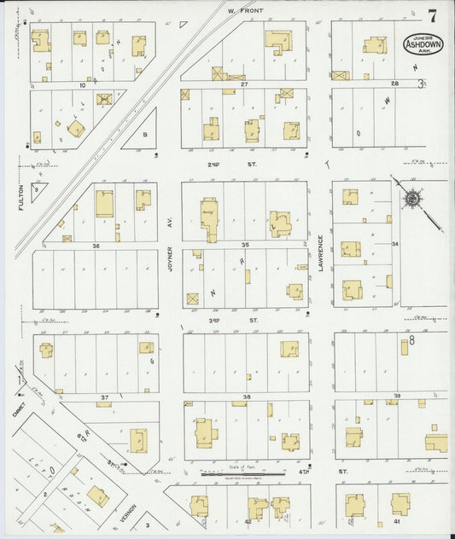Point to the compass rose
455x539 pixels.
[x=411, y=200]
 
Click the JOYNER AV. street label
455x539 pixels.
[x=171, y=258]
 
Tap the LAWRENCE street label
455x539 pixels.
[x=321, y=253]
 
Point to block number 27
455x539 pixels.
[x=243, y=84]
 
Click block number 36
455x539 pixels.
[x=96, y=246]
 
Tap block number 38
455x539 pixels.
[x=246, y=397]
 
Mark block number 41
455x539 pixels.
[x=397, y=520]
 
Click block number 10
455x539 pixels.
[x=83, y=84]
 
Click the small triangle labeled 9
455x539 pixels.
[x=36, y=192]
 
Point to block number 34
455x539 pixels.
[x=395, y=244]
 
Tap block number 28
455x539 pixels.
[x=394, y=84]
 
